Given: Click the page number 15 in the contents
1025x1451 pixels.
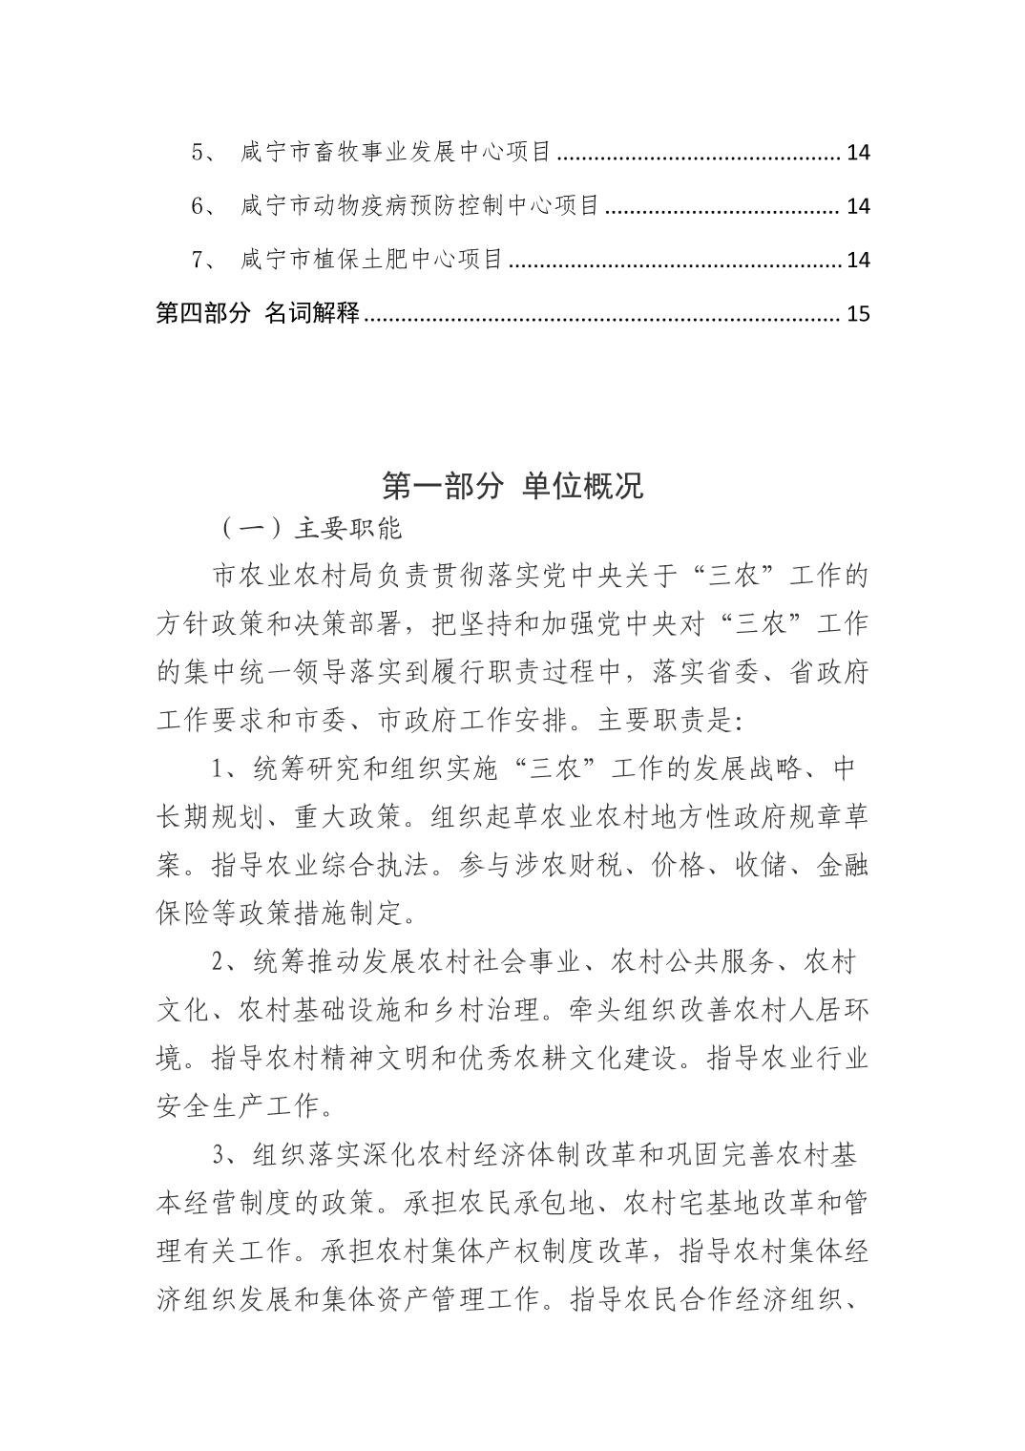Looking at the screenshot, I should coord(858,313).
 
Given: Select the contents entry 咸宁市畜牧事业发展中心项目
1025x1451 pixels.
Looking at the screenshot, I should coord(396,152).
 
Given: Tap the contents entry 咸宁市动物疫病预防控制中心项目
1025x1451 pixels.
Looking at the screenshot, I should coord(420,205).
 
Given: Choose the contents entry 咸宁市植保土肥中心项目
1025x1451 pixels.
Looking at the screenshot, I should coord(371,260).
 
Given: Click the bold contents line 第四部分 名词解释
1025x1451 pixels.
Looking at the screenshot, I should coord(257,313).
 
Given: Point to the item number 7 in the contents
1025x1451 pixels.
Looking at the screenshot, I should coord(199,260).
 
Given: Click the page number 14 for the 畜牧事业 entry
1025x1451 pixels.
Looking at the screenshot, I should coord(858,152).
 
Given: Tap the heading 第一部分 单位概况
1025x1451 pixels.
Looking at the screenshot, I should coord(512,486).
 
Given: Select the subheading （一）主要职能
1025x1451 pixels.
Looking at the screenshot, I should coord(310,529).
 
